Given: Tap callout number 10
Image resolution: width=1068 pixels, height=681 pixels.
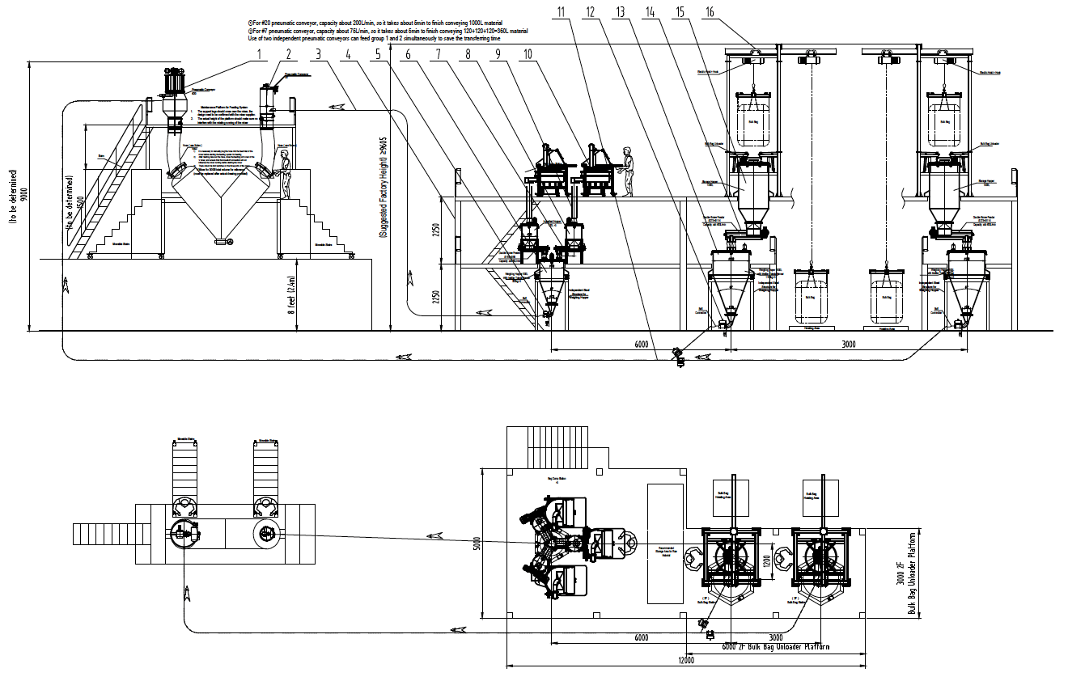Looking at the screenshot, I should tap(528, 54).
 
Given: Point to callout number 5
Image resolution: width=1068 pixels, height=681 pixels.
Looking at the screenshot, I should tap(379, 54).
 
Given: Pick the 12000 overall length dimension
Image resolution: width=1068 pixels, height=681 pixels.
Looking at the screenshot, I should tap(686, 661).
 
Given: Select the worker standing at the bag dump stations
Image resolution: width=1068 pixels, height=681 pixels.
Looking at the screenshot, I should tap(627, 171).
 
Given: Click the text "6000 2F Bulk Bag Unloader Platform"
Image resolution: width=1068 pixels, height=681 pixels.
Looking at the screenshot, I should tap(775, 646).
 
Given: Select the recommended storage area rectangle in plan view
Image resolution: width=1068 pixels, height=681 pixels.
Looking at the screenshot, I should tap(666, 544).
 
